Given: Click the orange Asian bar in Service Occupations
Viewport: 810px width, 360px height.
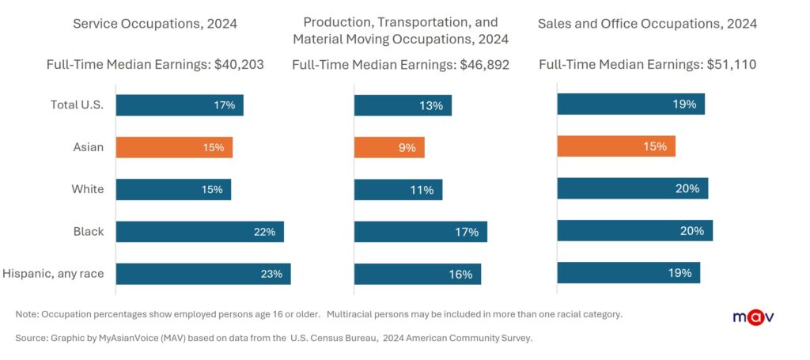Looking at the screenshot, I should tap(174, 147).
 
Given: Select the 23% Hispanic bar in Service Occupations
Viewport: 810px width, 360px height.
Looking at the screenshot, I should tap(203, 274).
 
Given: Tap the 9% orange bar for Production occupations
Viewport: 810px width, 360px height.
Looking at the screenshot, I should tap(389, 147).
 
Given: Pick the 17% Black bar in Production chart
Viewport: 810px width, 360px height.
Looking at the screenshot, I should tap(420, 232).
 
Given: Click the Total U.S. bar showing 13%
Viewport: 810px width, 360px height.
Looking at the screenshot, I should tap(403, 105).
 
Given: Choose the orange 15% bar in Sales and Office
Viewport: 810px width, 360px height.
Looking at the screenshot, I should tap(616, 146).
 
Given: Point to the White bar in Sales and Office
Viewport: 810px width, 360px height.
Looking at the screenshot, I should tap(632, 188).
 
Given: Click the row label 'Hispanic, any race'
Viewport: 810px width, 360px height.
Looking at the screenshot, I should tap(53, 274).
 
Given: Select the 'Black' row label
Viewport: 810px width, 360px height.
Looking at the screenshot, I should tap(88, 232).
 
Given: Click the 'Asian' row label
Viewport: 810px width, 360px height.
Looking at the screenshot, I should tap(88, 147).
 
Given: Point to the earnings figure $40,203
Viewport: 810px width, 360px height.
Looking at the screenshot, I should tap(240, 65).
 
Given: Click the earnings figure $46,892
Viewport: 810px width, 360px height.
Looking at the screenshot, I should tap(484, 65).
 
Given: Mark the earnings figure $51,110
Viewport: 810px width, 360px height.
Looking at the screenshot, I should tap(731, 65).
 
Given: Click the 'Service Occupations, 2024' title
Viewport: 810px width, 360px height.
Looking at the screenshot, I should tap(154, 24).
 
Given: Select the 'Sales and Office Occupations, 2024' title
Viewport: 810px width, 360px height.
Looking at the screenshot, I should tap(647, 24).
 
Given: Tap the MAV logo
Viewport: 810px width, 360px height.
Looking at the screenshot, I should tap(752, 318).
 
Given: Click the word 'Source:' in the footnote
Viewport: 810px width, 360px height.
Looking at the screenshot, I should tap(32, 339).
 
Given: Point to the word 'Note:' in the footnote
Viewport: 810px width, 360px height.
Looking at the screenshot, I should tap(28, 314).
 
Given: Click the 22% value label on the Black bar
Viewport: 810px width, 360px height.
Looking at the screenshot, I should tap(264, 232).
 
